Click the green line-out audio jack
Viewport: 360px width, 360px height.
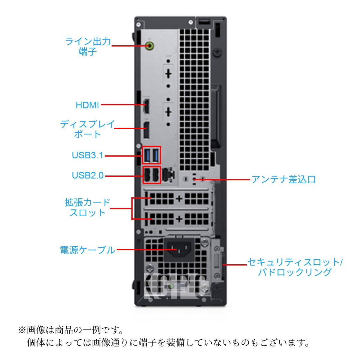click(150, 46)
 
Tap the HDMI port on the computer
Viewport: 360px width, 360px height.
click(146, 105)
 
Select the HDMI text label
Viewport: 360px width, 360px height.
click(87, 105)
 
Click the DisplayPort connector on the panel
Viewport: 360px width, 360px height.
click(146, 130)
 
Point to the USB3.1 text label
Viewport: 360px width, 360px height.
click(87, 155)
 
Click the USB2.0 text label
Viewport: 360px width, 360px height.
click(88, 175)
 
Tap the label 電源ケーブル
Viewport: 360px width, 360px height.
click(88, 250)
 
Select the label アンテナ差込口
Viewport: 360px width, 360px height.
click(283, 179)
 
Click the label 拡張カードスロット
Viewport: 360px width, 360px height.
click(88, 207)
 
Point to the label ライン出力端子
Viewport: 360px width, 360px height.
click(88, 46)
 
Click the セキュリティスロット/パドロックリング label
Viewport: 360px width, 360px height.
click(295, 267)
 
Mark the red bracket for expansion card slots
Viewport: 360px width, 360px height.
click(132, 208)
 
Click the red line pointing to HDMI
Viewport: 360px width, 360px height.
click(123, 105)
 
